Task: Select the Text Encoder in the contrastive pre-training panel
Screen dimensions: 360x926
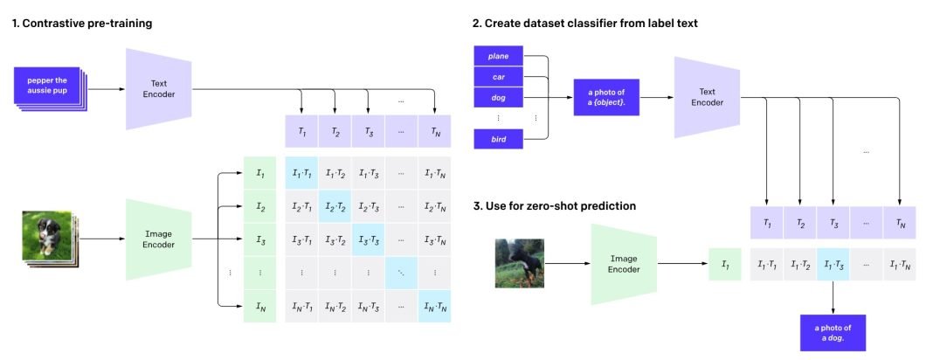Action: [159, 88]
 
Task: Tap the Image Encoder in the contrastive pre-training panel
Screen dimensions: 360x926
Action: [159, 239]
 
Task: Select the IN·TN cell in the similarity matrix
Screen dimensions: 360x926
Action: [435, 306]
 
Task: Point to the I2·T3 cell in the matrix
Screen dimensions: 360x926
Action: [369, 208]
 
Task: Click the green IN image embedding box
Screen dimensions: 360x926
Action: [259, 306]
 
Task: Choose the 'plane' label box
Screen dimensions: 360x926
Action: [498, 57]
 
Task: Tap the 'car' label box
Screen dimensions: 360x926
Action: [498, 77]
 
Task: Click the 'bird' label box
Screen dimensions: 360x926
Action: [498, 139]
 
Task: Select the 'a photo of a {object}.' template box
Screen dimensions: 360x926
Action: [606, 97]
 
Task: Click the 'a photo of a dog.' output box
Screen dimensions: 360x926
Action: [832, 333]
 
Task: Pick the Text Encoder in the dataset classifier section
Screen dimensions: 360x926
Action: [707, 97]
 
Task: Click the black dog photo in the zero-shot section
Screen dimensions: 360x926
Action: [519, 263]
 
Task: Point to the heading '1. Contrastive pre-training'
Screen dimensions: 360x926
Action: [82, 24]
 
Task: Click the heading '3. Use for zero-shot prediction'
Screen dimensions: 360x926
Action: [554, 206]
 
